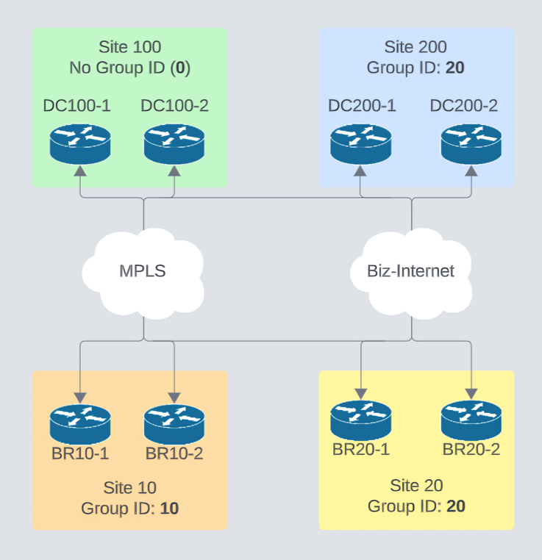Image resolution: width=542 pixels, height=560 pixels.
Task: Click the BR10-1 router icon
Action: (80, 424)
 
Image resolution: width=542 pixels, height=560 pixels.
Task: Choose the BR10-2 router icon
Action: (174, 424)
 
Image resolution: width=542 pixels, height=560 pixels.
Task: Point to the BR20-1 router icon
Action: (360, 420)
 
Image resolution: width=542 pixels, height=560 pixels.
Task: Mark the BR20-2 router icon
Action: (471, 420)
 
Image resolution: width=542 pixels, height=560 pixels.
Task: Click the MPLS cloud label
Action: (143, 270)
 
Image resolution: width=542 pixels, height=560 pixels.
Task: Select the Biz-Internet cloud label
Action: (410, 270)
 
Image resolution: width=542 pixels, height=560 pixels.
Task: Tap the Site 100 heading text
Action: (129, 48)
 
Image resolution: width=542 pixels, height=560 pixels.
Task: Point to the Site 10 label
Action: (129, 487)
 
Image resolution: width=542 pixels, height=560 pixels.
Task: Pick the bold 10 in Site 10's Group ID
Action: (169, 508)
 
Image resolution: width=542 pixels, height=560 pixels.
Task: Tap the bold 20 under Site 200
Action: (454, 68)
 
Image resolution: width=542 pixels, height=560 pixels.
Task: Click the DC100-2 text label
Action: (174, 106)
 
